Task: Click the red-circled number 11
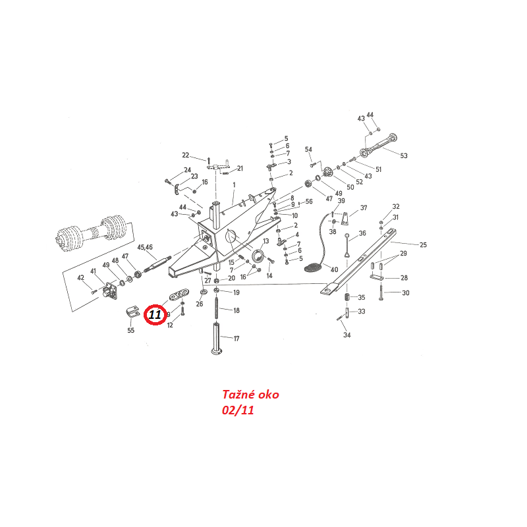pos(155,316)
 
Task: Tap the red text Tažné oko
pos(250,395)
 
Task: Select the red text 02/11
pos(238,410)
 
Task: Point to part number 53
pos(404,155)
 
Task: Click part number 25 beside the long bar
pos(422,245)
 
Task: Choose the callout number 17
pos(236,339)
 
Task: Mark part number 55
pos(130,330)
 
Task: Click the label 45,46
pos(144,247)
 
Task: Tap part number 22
pos(185,155)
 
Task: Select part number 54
pos(308,150)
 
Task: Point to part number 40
pos(334,269)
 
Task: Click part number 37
pos(363,208)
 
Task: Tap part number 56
pos(308,202)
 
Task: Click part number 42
pos(81,277)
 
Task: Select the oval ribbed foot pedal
pos(312,267)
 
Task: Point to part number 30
pos(405,292)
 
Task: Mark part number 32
pos(396,206)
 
